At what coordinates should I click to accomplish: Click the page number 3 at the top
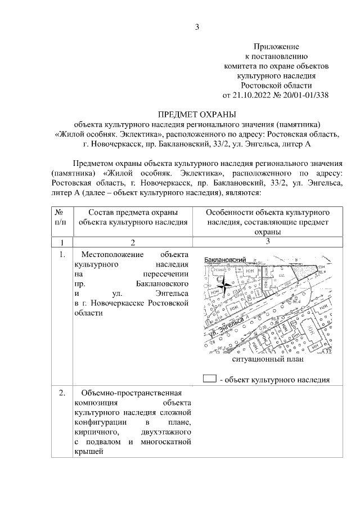pos(197,27)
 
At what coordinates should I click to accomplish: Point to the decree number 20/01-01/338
pos(301,94)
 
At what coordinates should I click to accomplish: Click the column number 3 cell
pos(268,242)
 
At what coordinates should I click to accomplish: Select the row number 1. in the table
pos(61,254)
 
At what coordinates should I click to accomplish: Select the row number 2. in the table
pos(61,392)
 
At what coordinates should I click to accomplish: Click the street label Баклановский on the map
pos(226,260)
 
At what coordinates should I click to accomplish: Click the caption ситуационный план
pos(268,358)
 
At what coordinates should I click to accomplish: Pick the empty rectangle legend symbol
pos(209,379)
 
